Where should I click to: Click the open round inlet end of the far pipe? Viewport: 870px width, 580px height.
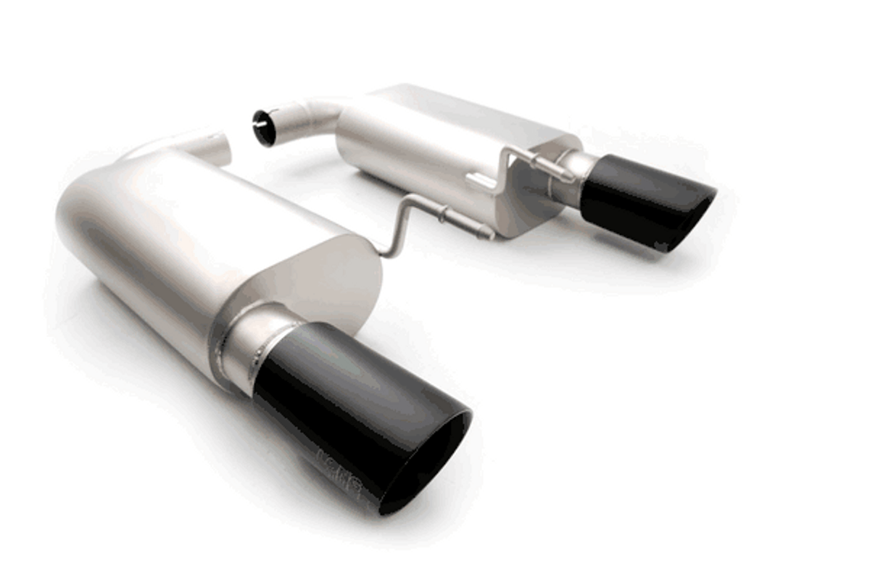coord(264,128)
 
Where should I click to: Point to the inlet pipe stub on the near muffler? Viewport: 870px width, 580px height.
coord(210,145)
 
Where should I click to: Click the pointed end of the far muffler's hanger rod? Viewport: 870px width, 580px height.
coord(569,174)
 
